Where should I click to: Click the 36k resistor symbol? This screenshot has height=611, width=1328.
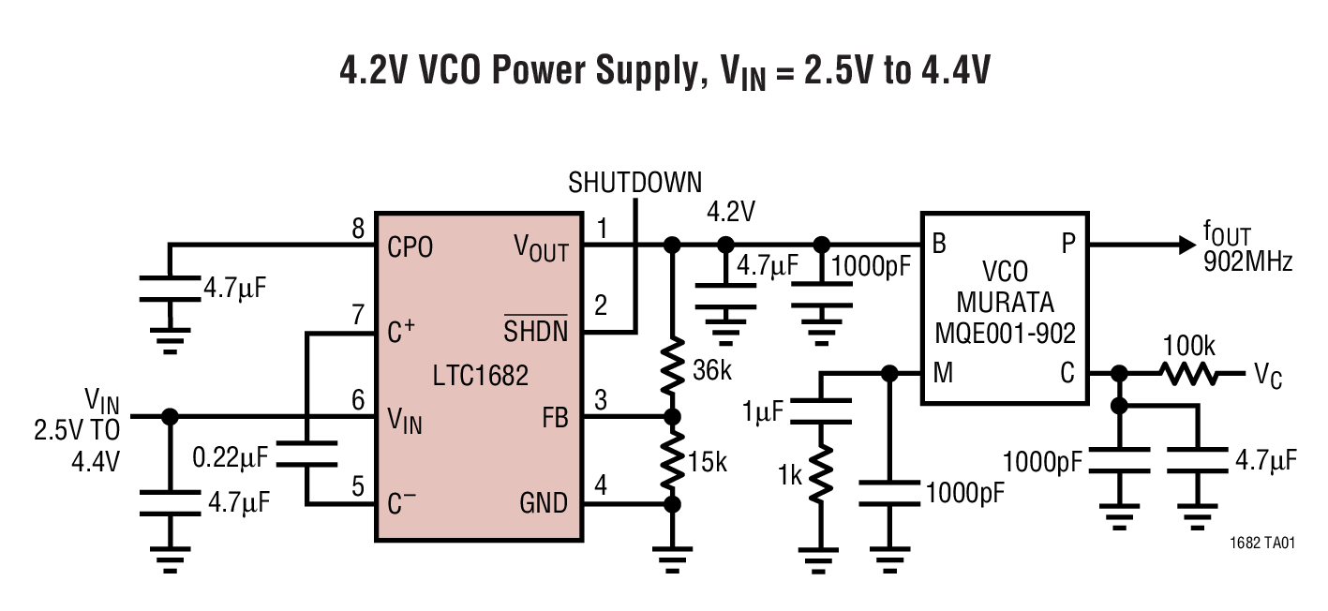[671, 369]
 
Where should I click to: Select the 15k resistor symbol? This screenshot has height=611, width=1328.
[671, 460]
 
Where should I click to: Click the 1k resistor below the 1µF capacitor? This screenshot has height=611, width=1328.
[821, 474]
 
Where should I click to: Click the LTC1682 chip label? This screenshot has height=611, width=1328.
[481, 376]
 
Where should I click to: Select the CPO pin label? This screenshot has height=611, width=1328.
[410, 249]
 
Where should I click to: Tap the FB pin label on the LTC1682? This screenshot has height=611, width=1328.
[555, 418]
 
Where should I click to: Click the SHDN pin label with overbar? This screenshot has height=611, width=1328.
[536, 331]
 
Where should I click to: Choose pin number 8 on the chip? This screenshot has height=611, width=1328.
[356, 228]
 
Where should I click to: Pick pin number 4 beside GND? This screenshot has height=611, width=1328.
[600, 486]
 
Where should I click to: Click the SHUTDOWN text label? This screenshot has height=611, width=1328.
[634, 183]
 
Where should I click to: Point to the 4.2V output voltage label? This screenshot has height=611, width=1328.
[730, 213]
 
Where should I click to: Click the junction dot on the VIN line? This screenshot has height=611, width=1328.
[170, 417]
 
